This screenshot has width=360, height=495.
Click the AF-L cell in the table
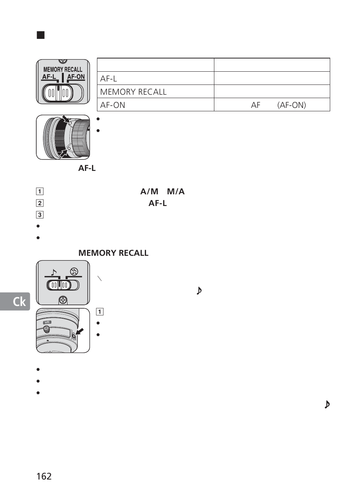(109, 78)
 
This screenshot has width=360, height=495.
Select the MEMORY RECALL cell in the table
(133, 92)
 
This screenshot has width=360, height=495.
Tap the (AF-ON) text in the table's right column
(291, 105)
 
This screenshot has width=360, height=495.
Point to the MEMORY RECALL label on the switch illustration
(63, 69)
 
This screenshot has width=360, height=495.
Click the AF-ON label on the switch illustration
(76, 77)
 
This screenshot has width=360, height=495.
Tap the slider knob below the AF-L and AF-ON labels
(58, 93)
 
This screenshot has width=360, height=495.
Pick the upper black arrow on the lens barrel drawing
(66, 120)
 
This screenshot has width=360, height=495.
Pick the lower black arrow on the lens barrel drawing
(65, 152)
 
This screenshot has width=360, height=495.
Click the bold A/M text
(149, 191)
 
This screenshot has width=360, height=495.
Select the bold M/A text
(175, 191)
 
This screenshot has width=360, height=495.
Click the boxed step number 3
(40, 215)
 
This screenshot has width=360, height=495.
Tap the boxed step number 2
(40, 203)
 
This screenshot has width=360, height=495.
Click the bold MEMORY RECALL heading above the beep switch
(113, 253)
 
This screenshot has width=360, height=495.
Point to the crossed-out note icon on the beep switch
(74, 271)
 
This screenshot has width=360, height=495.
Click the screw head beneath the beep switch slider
(63, 300)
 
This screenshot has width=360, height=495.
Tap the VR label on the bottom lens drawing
(47, 322)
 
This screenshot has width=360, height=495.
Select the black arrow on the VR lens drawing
(79, 332)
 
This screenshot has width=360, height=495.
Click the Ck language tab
(15, 301)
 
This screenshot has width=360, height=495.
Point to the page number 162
(44, 476)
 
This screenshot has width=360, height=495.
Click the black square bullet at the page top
(41, 35)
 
